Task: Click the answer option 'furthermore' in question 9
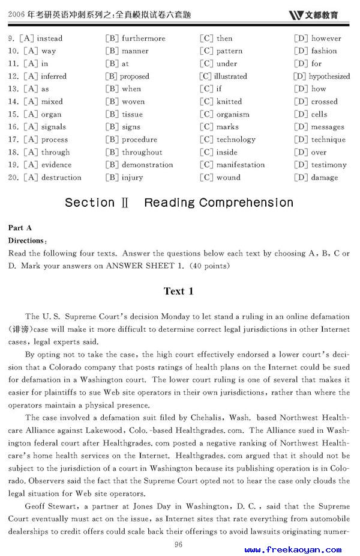coord(143,38)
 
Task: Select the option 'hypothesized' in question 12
coord(329,76)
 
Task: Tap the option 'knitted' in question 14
coord(229,102)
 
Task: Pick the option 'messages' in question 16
coord(328,127)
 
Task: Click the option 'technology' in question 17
coord(236,139)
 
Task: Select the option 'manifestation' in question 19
coord(240,165)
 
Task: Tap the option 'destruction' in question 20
coord(61,177)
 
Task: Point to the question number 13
coord(14,89)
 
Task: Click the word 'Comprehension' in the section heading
coord(246,203)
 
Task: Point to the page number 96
coord(178,545)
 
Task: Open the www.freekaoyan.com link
coord(293,549)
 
